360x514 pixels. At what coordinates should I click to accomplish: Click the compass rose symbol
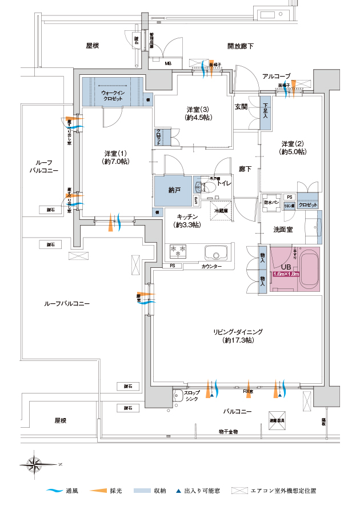pyautogui.click(x=36, y=463)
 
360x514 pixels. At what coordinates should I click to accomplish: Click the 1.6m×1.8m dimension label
pyautogui.click(x=286, y=275)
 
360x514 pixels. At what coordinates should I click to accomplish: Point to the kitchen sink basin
pyautogui.click(x=215, y=254)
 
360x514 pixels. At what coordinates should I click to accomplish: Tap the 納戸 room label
pyautogui.click(x=174, y=189)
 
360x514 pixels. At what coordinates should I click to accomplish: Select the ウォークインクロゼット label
pyautogui.click(x=112, y=95)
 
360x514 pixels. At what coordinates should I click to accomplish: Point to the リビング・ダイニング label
pyautogui.click(x=238, y=336)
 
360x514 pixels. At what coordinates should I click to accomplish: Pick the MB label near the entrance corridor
pyautogui.click(x=168, y=63)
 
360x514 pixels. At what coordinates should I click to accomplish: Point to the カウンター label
pyautogui.click(x=211, y=267)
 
